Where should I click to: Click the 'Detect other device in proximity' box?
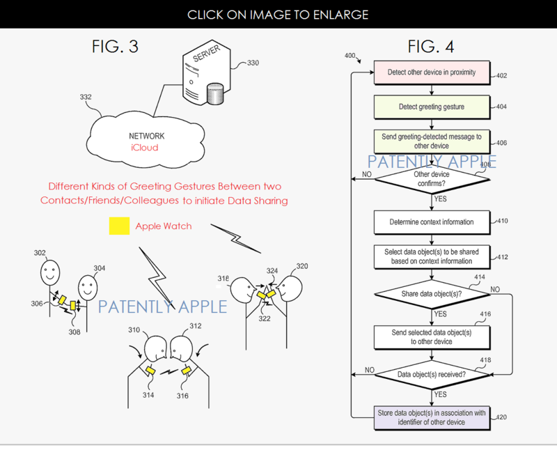point(432,72)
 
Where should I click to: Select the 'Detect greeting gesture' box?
point(432,107)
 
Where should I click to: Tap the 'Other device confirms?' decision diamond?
point(432,179)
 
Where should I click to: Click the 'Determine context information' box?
point(432,222)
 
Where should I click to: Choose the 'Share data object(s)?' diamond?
point(432,294)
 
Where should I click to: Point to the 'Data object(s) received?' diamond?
point(432,374)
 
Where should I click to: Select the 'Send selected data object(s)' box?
point(432,337)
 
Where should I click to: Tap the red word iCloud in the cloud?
point(144,148)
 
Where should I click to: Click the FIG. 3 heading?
point(115,47)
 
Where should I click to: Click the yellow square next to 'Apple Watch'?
point(118,226)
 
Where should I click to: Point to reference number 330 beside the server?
point(253,63)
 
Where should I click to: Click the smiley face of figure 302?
point(48,271)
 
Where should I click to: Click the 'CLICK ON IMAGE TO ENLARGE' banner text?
point(278,14)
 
